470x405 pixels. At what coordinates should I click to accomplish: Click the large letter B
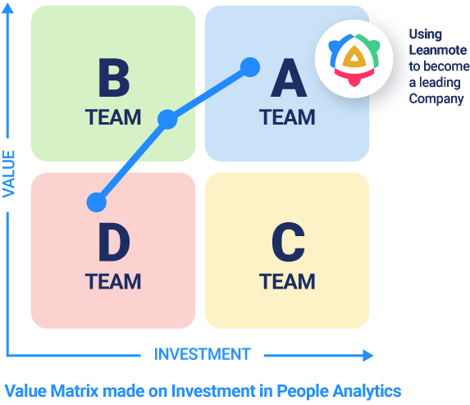114,78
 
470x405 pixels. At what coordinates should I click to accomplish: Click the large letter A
289,78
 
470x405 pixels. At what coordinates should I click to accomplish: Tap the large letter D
114,243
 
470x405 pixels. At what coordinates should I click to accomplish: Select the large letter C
289,243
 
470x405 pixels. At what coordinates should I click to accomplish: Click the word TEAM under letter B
113,117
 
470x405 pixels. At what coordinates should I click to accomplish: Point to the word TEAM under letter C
287,281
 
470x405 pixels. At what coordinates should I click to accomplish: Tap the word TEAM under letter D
113,281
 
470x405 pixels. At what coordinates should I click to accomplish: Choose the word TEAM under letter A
287,117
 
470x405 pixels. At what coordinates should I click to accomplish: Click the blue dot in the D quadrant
97,202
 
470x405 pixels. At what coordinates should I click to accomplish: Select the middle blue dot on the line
167,120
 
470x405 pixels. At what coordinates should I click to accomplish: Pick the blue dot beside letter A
250,67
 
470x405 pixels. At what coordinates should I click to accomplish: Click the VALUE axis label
9,174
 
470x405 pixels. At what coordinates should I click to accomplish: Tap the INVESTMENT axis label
203,354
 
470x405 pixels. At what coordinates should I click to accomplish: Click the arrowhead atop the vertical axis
8,8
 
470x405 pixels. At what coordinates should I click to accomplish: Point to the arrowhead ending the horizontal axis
367,356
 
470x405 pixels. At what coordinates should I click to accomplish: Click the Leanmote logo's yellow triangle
354,57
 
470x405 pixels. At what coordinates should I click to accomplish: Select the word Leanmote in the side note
438,50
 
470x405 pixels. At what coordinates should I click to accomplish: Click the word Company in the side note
436,99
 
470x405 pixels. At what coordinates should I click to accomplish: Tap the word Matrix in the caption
75,391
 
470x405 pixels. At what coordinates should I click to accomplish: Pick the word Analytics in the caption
367,392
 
